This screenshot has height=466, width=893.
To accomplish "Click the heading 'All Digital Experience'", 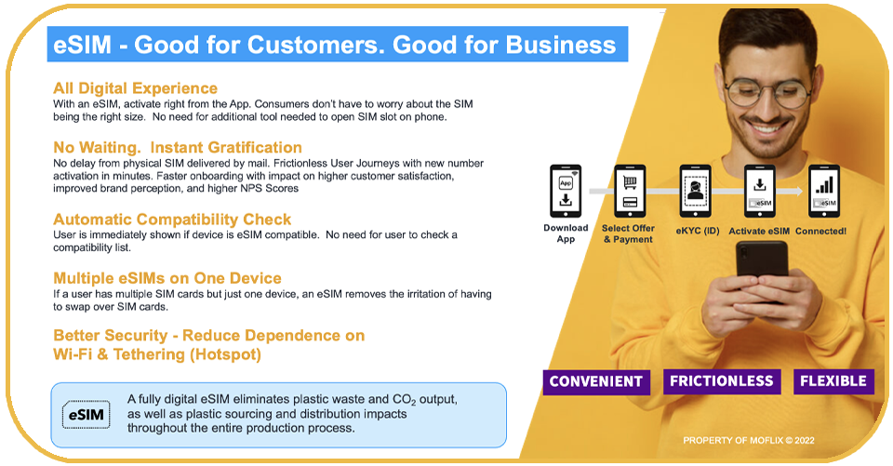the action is (x=135, y=88).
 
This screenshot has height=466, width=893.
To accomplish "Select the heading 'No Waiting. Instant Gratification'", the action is (x=178, y=148).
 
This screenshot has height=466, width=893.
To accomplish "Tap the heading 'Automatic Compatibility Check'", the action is (x=172, y=220).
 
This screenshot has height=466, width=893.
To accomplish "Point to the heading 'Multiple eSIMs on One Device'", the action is (x=167, y=278).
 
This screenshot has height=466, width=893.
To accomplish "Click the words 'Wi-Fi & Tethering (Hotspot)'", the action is (x=157, y=354).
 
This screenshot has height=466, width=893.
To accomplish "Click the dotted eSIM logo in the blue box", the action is (x=86, y=415).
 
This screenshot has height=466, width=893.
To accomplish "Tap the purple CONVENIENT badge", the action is (x=596, y=381).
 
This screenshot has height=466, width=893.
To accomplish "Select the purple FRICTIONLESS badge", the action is (x=722, y=381).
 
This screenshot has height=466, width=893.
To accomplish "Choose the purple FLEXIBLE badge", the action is (x=833, y=381).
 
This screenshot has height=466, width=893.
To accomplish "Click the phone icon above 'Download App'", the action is (x=566, y=191).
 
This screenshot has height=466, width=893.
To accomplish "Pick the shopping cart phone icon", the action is (x=630, y=191).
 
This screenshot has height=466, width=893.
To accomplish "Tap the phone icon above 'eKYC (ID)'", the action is (x=696, y=191).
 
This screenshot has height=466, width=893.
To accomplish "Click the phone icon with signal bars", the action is (x=824, y=191).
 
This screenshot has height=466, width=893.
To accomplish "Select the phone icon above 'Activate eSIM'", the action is (x=760, y=191).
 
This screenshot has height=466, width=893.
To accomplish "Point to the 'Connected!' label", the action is (x=820, y=232).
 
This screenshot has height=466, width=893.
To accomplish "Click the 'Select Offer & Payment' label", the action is (x=628, y=233).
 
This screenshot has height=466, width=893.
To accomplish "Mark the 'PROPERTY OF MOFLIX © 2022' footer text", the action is (x=749, y=440).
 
